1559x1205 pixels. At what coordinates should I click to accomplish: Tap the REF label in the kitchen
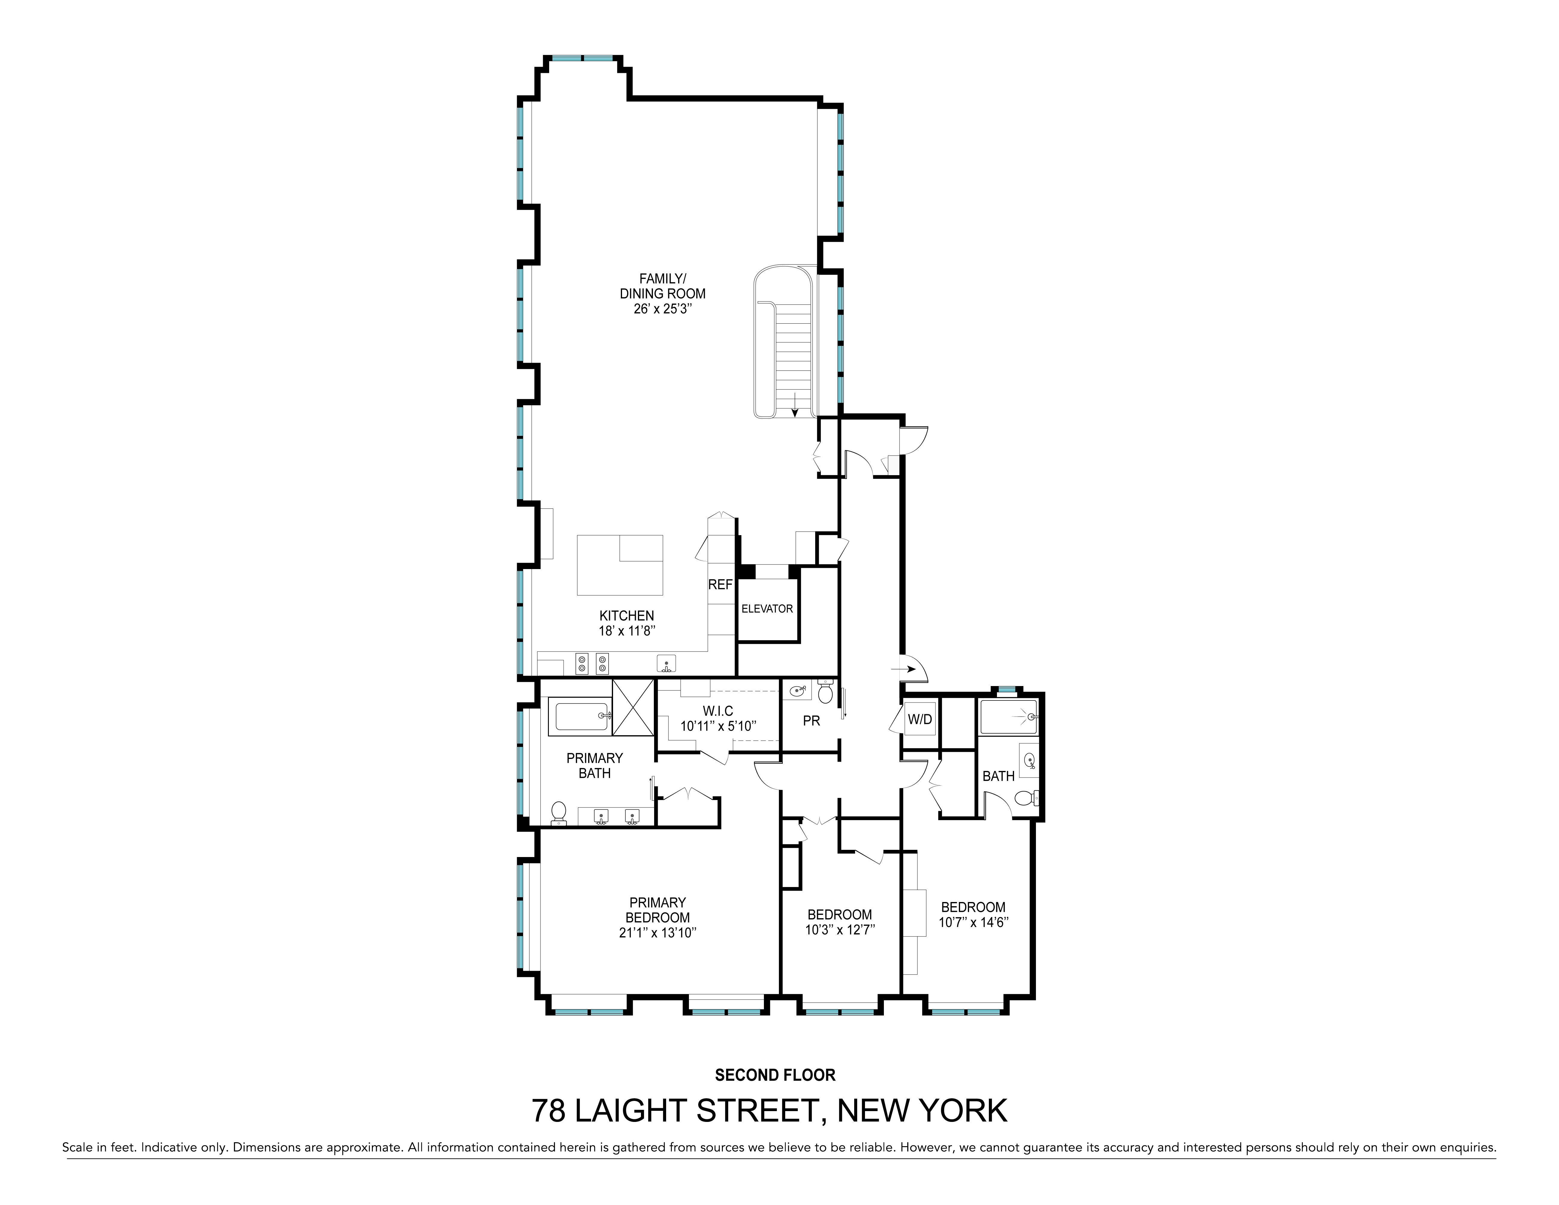tap(720, 585)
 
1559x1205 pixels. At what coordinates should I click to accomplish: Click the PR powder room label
tap(811, 721)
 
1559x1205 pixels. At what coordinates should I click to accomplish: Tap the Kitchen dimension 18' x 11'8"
tap(627, 631)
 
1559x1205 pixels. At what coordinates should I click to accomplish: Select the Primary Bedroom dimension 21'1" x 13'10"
tap(657, 932)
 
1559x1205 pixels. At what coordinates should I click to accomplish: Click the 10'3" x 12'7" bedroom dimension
tap(840, 929)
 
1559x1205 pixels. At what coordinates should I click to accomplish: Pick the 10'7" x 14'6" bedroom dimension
tap(973, 922)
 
